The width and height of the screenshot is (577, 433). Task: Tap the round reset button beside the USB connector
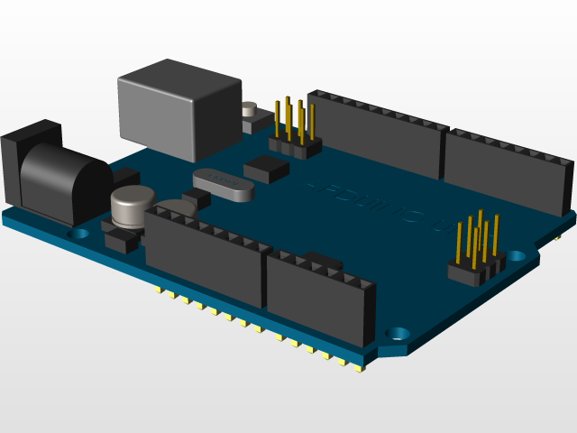(x=250, y=111)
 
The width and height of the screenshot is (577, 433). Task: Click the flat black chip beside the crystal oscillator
(x=268, y=166)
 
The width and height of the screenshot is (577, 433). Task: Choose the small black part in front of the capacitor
(x=121, y=241)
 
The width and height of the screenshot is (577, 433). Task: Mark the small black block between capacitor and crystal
(x=196, y=197)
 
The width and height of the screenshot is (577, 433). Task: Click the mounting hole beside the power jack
(x=80, y=233)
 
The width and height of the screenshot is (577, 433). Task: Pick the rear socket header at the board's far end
(x=509, y=171)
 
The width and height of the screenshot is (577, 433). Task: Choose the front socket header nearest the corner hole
(x=320, y=296)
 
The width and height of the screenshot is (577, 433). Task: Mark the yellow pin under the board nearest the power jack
(x=160, y=290)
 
